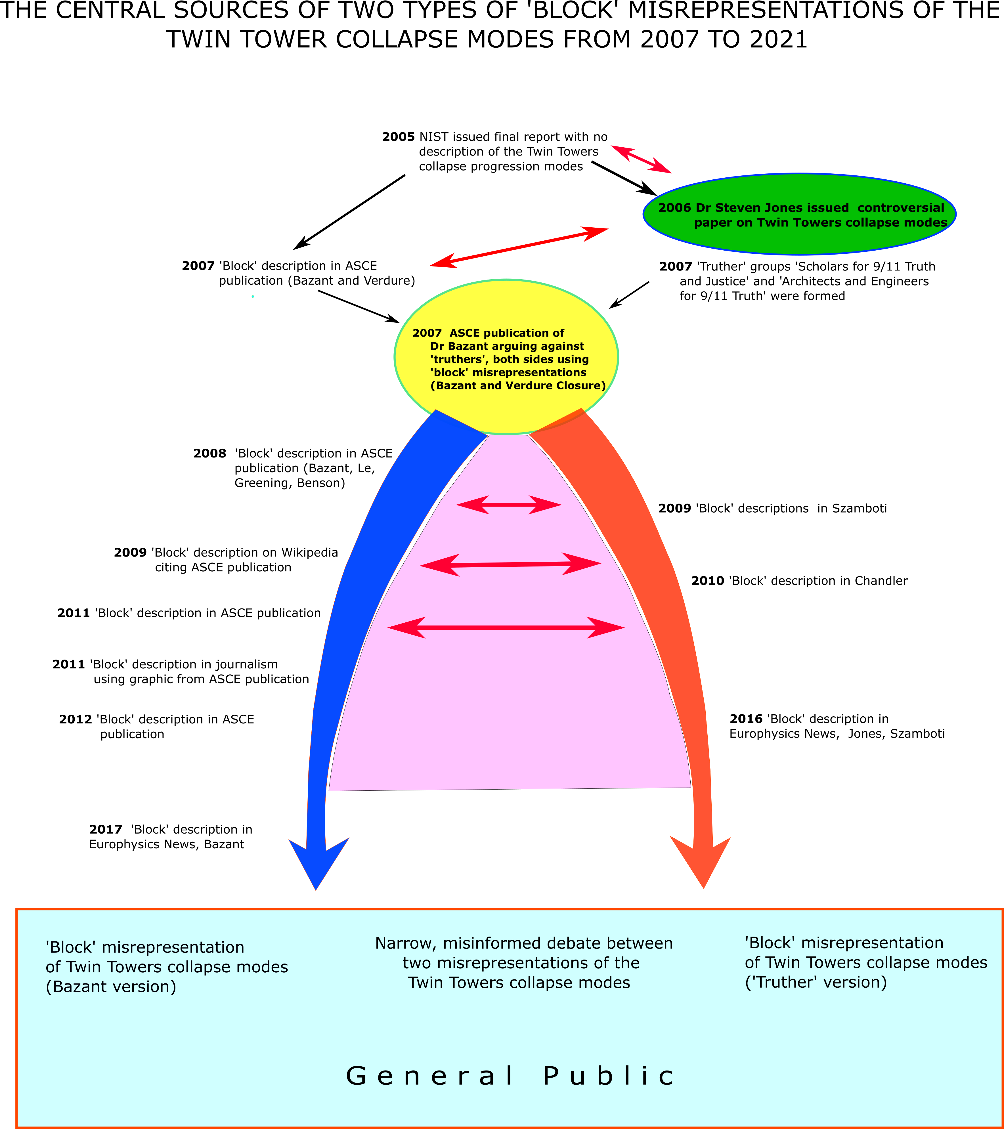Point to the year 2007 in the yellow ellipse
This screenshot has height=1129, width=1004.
click(427, 333)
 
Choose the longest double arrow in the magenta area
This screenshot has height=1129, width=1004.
click(506, 628)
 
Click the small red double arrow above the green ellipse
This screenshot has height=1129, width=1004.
click(641, 159)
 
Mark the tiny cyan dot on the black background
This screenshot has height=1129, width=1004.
click(253, 297)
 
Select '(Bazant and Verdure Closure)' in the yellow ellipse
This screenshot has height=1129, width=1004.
click(518, 385)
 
